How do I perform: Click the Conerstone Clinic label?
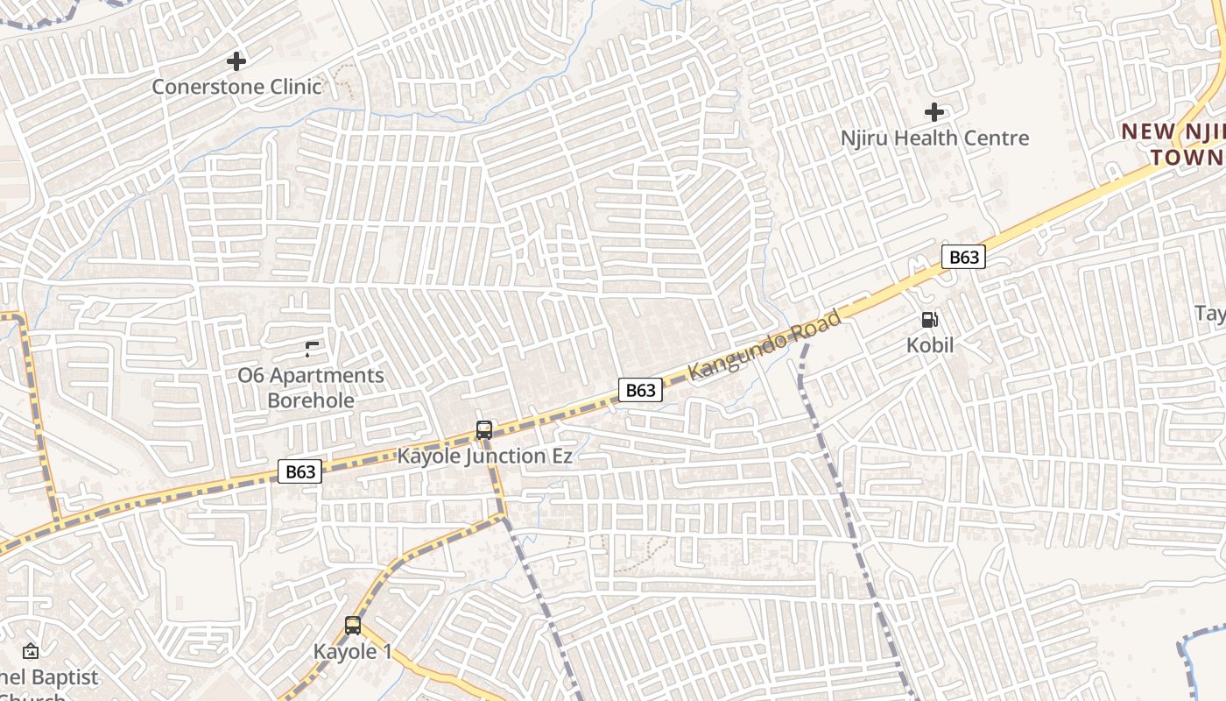coord(236,87)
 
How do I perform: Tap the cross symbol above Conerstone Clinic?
coord(236,61)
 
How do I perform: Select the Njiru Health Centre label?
coord(934,138)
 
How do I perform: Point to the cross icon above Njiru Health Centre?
coord(934,112)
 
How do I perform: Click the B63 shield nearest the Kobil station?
coord(963,257)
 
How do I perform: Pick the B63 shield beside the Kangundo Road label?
coord(640,390)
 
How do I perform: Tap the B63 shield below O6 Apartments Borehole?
coord(299,471)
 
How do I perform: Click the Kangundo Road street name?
coord(765,344)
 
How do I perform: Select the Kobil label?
coord(930,345)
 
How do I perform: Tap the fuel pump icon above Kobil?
coord(929,321)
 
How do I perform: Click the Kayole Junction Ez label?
coord(484,456)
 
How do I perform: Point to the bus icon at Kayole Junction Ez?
coord(484,430)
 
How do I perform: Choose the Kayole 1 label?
coord(353,651)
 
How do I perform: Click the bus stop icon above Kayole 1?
coord(353,626)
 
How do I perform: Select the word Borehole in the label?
coord(311,400)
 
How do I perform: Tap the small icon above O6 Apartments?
coord(311,350)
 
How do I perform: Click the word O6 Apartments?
coord(311,375)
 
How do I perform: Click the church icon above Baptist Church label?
coord(31,651)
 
